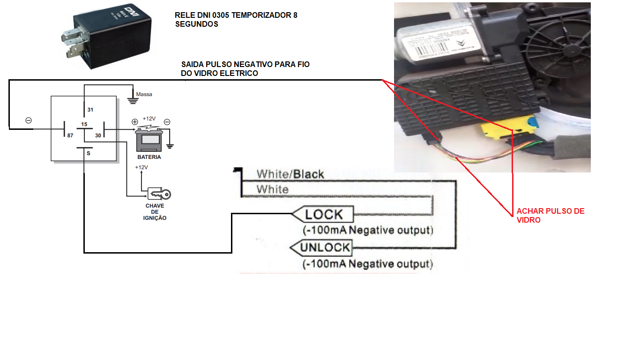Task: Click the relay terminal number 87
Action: (x=70, y=135)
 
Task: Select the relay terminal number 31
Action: (x=90, y=110)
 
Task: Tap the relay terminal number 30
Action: (x=98, y=135)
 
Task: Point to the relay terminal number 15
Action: (x=84, y=124)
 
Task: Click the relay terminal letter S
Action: (x=88, y=153)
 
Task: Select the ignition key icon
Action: (x=159, y=194)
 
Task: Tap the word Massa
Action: (x=144, y=94)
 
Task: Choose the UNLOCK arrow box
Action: (x=320, y=247)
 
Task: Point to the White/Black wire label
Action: (x=290, y=174)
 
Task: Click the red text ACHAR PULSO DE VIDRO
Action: (x=551, y=215)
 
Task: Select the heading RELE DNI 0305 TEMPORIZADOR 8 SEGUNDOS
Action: (x=236, y=19)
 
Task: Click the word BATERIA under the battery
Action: (x=149, y=157)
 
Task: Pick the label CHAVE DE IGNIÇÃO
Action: (x=155, y=212)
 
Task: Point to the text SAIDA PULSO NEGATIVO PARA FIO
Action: (x=245, y=64)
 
